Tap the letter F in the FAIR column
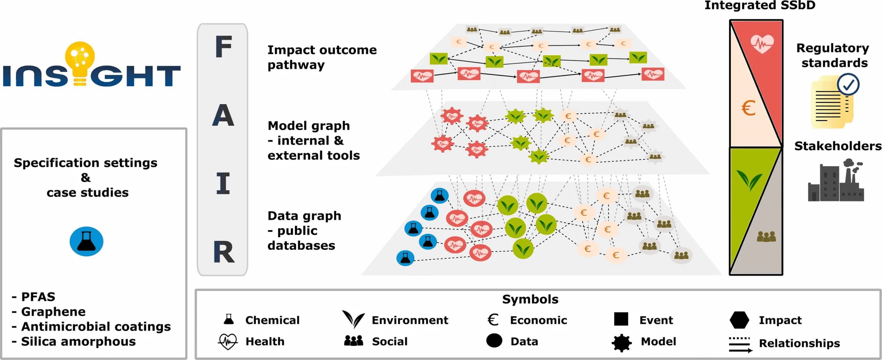[224, 47]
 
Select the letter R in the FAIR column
[224, 252]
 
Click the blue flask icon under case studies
[87, 242]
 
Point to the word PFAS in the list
[38, 297]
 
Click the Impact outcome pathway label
[322, 57]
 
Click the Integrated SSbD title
[760, 6]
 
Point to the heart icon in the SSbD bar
[762, 43]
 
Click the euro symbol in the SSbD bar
[748, 108]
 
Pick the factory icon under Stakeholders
[835, 181]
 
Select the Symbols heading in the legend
[530, 299]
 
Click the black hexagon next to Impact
[739, 320]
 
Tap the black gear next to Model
[622, 342]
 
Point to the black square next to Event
[621, 320]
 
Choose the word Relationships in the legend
[799, 343]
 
